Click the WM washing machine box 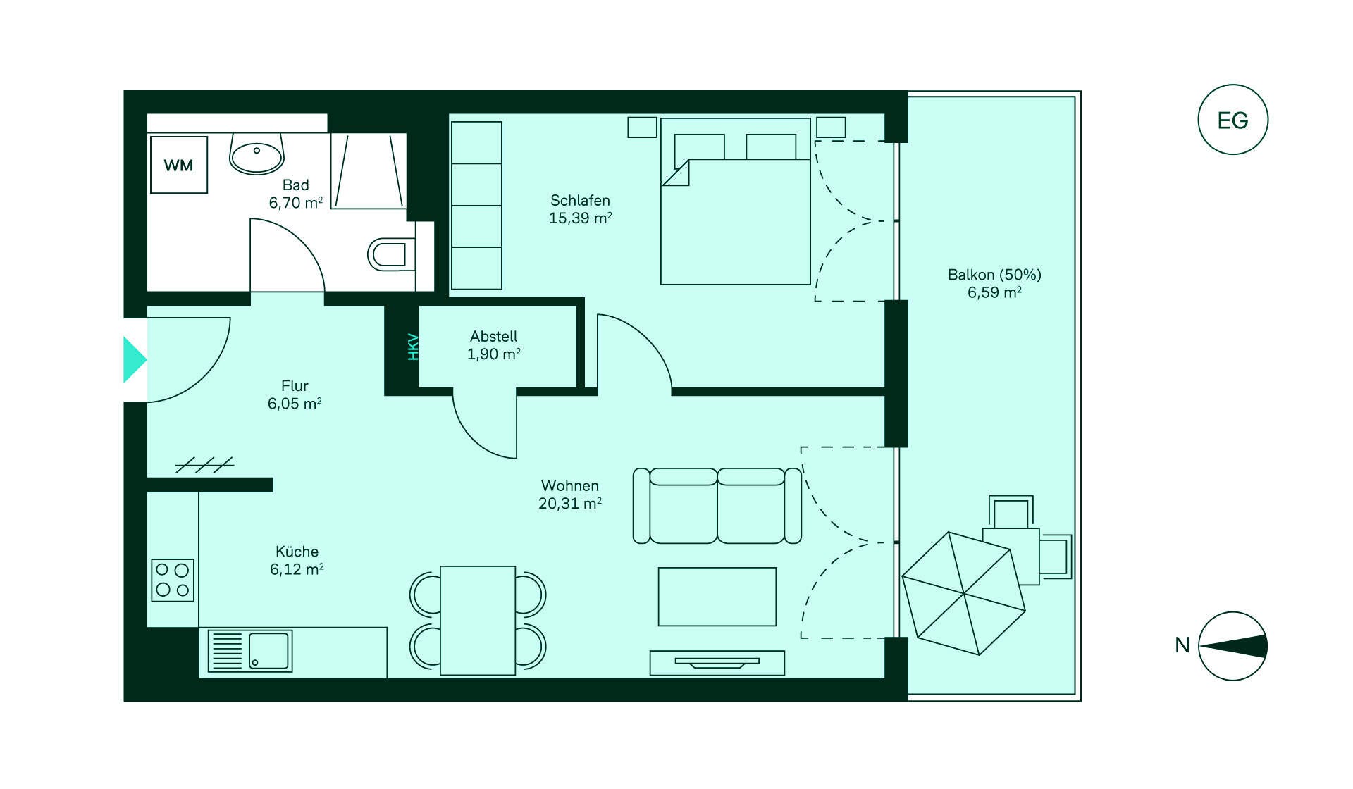pyautogui.click(x=179, y=165)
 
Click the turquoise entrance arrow pyautogui.click(x=135, y=359)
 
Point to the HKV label pyautogui.click(x=414, y=347)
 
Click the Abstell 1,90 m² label pyautogui.click(x=494, y=345)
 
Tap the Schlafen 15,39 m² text pyautogui.click(x=580, y=209)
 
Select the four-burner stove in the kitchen pyautogui.click(x=173, y=580)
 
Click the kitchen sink pyautogui.click(x=250, y=651)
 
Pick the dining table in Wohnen pyautogui.click(x=478, y=621)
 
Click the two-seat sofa pyautogui.click(x=717, y=506)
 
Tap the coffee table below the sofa pyautogui.click(x=717, y=597)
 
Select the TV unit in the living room pyautogui.click(x=717, y=663)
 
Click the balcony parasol pyautogui.click(x=963, y=593)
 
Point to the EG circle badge pyautogui.click(x=1233, y=120)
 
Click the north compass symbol pyautogui.click(x=1233, y=646)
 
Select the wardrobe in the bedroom pyautogui.click(x=476, y=205)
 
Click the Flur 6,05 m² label pyautogui.click(x=295, y=394)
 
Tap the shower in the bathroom pyautogui.click(x=369, y=171)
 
